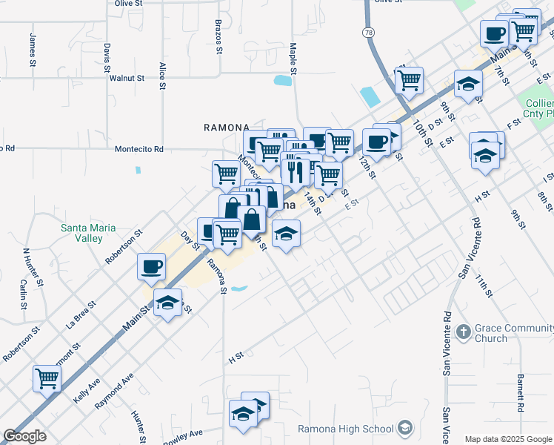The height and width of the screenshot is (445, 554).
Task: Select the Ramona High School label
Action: click(x=346, y=429)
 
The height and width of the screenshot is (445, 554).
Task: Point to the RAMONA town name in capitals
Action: click(x=226, y=128)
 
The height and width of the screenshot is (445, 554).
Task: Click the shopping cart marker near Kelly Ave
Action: click(x=47, y=378)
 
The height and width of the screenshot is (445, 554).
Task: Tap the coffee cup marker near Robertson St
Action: click(x=152, y=267)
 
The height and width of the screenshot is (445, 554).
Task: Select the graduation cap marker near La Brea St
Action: click(x=168, y=303)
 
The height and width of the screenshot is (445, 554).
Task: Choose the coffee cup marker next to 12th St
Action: click(x=376, y=142)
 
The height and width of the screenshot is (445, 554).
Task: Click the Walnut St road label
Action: click(x=126, y=77)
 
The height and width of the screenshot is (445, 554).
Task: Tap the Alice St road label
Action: click(x=162, y=76)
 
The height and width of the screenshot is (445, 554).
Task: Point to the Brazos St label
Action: click(x=219, y=38)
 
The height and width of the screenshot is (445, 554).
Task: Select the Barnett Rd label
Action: click(x=521, y=393)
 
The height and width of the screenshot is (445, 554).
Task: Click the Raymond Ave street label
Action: click(x=114, y=392)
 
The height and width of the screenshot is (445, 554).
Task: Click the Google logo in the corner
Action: click(x=25, y=435)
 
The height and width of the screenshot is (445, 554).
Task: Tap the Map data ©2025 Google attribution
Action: click(x=507, y=439)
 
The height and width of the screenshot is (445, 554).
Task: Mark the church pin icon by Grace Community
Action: click(x=464, y=331)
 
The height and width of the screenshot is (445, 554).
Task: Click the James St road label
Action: click(x=33, y=50)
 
